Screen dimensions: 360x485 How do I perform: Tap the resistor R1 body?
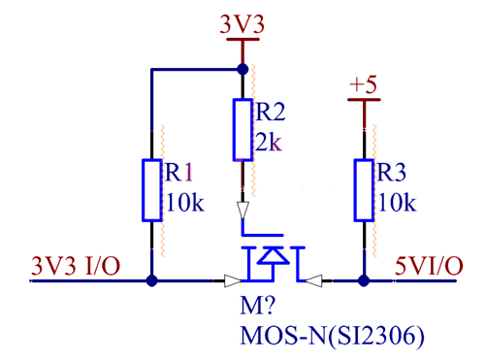151,190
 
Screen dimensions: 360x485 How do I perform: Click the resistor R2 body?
242,129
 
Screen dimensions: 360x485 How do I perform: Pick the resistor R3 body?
364,190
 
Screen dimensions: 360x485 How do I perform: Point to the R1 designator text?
181,172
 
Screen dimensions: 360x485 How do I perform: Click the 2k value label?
267,144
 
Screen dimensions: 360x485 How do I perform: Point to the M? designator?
255,309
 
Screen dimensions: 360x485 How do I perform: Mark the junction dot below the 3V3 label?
242,69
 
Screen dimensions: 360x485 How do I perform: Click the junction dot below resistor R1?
151,281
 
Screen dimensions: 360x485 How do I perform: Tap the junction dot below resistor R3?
364,281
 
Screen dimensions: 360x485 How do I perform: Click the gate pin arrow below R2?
242,210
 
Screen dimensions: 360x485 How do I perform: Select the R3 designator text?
393,172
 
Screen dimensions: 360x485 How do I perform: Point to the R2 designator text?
271,112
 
